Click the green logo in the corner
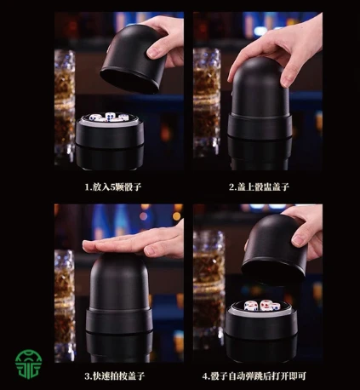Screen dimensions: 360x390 tap(28, 364)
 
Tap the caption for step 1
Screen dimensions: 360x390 tap(113, 186)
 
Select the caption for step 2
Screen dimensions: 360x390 tap(259, 186)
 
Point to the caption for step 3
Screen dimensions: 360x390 tap(115, 376)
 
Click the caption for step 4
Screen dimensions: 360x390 tap(254, 376)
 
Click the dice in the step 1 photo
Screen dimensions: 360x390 tap(109, 117)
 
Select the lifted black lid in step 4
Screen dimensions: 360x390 tap(275, 250)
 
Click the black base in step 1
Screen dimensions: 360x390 tap(110, 142)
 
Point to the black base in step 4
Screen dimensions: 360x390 tap(260, 330)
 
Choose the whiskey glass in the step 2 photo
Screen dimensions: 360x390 tap(207, 102)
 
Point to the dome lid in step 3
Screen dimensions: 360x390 tap(119, 281)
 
